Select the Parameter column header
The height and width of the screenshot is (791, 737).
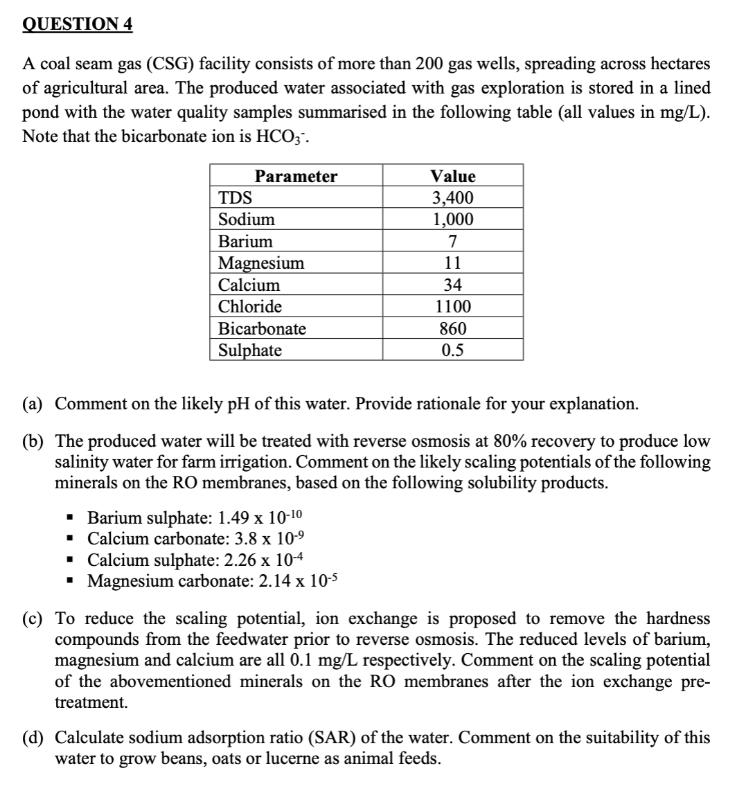tap(296, 177)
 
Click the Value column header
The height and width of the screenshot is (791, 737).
tap(453, 177)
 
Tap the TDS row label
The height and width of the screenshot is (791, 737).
tap(236, 198)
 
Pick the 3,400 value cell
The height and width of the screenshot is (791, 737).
tap(453, 198)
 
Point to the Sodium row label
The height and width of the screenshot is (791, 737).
tap(247, 220)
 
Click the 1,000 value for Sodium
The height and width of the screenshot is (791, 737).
tap(453, 220)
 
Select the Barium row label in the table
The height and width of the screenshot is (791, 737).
tap(245, 241)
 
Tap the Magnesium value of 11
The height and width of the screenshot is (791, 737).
tap(453, 263)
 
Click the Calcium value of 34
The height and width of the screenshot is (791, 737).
tap(453, 285)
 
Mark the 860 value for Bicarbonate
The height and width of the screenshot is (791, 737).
tap(453, 328)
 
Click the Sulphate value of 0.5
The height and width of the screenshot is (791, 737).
tap(453, 350)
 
